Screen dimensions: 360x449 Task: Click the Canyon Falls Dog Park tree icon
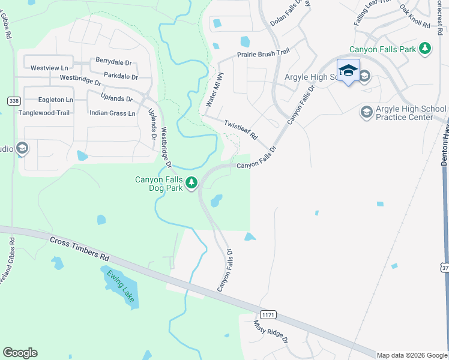click(x=191, y=182)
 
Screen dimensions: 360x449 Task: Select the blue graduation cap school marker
click(x=348, y=70)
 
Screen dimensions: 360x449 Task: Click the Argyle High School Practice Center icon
click(x=366, y=112)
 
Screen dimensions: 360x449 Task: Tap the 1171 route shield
click(x=268, y=314)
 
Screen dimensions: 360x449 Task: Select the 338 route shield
click(x=13, y=101)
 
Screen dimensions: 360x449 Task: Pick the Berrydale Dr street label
click(x=113, y=61)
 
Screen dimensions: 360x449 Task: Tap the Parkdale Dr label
click(x=121, y=76)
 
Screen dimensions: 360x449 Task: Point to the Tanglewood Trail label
click(x=44, y=113)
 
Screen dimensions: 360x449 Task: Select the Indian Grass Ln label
click(x=112, y=113)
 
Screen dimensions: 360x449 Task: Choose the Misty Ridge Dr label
click(x=271, y=332)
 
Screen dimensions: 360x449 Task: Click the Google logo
click(x=20, y=353)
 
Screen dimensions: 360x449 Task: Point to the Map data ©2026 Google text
click(x=412, y=355)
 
